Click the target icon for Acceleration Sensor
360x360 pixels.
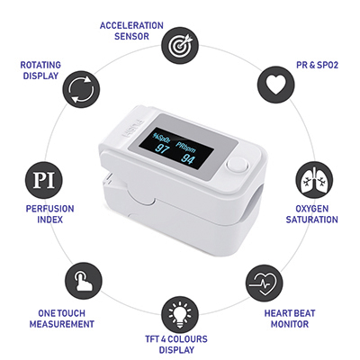coord(180,45)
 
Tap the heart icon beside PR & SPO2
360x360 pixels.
coord(276,84)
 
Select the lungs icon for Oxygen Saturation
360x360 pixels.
coord(314,180)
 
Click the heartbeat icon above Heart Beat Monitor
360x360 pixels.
coord(264,283)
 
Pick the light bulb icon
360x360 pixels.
coord(180,315)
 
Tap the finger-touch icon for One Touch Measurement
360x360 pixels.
coord(84,281)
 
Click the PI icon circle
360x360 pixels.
coord(44,180)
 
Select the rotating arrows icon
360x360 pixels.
coord(81,89)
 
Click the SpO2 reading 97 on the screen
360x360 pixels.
coord(163,148)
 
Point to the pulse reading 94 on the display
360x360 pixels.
coord(188,159)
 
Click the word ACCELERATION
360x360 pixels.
coord(131,25)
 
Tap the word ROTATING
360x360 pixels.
coord(40,65)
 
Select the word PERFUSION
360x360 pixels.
coord(49,209)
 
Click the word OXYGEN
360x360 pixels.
coord(312,209)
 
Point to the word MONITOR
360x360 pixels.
coord(290,324)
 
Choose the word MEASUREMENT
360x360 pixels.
coord(62,324)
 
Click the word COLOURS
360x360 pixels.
coord(187,339)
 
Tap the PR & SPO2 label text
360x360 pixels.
coord(317,65)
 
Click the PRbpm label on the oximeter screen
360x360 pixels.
coord(185,147)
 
